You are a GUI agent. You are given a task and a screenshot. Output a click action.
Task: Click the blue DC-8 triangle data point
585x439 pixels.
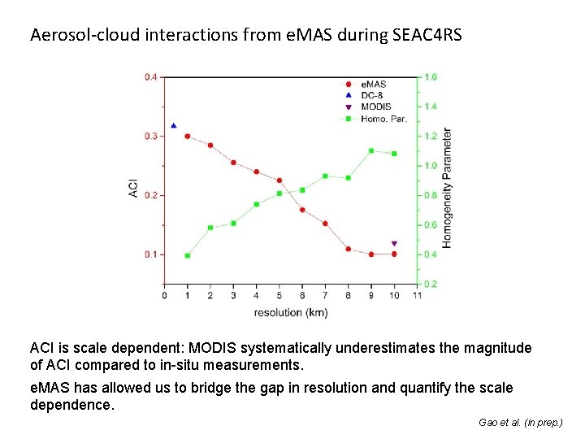[174, 126]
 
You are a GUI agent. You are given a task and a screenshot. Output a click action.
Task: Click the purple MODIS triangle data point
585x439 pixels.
[394, 243]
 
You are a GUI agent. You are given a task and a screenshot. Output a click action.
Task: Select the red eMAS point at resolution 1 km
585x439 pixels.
[188, 137]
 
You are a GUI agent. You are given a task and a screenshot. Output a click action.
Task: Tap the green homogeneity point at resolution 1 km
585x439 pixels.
[188, 255]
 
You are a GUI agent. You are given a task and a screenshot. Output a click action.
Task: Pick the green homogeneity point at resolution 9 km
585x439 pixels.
[371, 150]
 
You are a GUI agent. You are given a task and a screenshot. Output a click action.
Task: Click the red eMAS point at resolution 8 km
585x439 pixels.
[348, 249]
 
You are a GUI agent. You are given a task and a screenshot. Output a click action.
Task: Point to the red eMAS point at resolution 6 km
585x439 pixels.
[302, 210]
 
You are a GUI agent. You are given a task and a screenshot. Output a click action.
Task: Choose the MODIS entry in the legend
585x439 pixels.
[376, 106]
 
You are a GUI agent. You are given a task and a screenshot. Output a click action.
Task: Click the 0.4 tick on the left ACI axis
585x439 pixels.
[151, 77]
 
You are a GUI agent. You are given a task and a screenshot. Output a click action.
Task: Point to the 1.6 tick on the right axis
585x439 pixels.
[430, 77]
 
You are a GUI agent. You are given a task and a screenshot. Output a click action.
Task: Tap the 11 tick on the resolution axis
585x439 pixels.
[418, 296]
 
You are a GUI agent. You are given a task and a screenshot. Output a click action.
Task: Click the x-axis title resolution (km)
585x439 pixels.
[291, 312]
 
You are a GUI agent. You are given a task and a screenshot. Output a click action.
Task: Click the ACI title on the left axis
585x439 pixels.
[133, 188]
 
